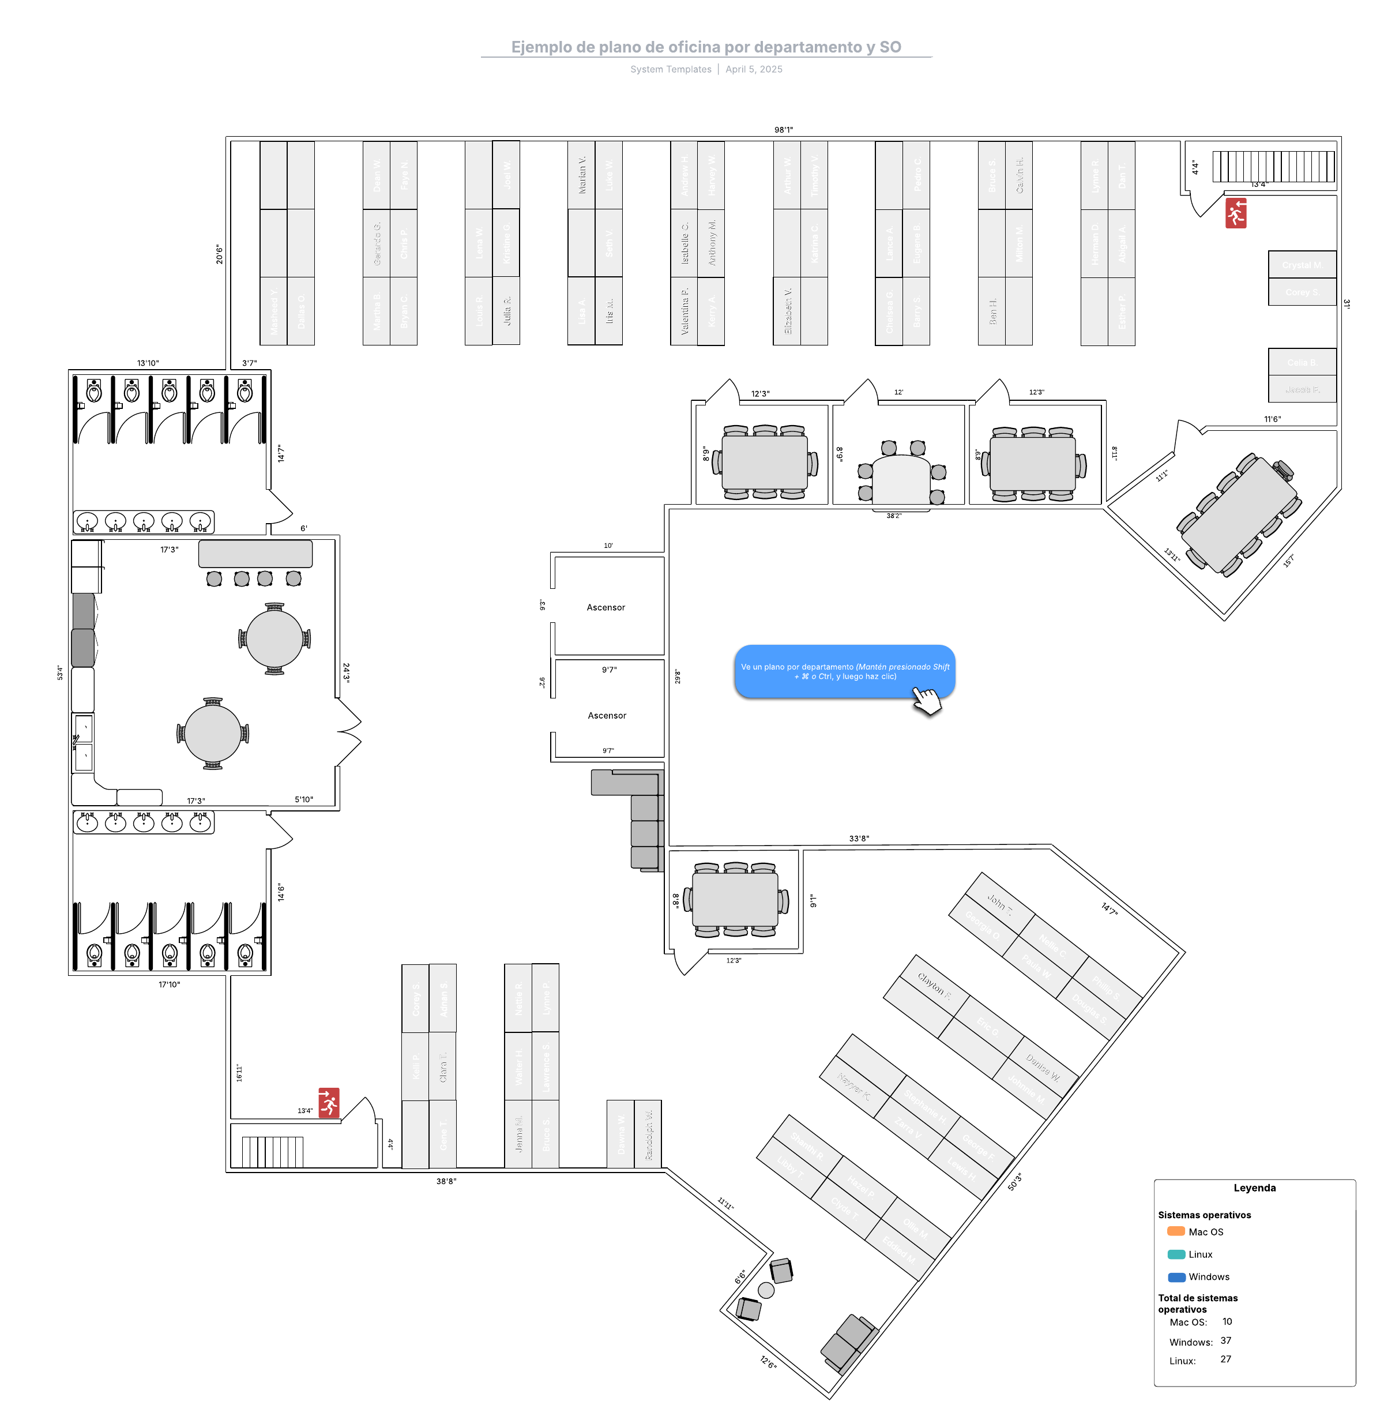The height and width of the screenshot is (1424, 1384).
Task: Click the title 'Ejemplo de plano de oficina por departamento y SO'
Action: (x=706, y=47)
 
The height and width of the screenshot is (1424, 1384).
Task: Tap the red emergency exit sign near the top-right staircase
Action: (x=1236, y=213)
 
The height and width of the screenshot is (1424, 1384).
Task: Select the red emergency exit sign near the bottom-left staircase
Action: (x=329, y=1102)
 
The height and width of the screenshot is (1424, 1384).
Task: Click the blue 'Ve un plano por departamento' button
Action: (x=845, y=671)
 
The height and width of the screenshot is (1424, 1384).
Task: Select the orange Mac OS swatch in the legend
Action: (x=1175, y=1231)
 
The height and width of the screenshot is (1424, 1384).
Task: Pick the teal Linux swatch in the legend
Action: (x=1175, y=1254)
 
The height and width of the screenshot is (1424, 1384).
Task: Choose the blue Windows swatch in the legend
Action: (x=1176, y=1276)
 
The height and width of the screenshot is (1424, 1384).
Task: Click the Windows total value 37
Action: (x=1225, y=1340)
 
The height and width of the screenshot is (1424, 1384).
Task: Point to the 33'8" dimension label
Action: (x=859, y=838)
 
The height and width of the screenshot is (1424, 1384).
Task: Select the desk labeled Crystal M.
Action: (x=1302, y=265)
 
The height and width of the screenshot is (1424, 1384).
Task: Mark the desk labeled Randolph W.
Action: (x=648, y=1134)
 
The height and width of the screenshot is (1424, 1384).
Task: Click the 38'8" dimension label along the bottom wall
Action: (x=446, y=1181)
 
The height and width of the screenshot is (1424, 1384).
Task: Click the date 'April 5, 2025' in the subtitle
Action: (x=754, y=69)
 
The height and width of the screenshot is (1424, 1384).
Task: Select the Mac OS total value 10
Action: (x=1227, y=1321)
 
